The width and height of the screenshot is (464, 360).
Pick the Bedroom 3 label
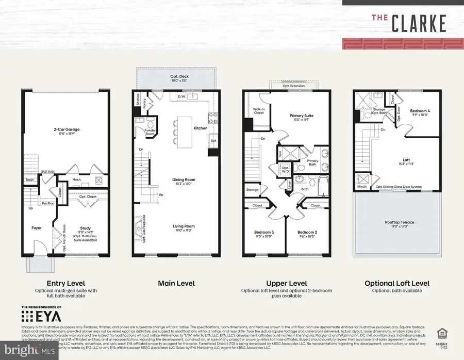pos(264,233)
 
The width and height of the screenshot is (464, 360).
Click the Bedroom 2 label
pos(307,233)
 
